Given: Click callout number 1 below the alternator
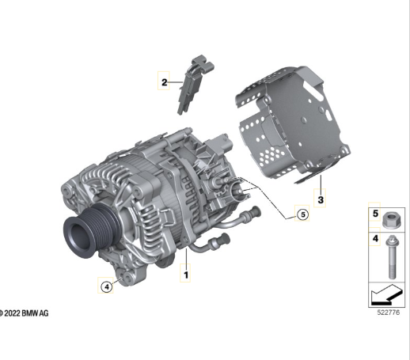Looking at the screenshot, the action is coord(186,275).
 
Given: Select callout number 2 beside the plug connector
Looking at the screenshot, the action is coord(164,82).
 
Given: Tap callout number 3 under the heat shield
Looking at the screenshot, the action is coord(321,199).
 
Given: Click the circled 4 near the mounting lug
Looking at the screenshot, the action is coord(107,286).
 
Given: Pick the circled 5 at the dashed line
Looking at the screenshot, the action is coord(302,214).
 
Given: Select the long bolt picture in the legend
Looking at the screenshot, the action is coord(393,256).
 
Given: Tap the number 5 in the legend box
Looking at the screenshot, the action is coord(375,214).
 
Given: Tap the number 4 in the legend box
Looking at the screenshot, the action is coord(375,238).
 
